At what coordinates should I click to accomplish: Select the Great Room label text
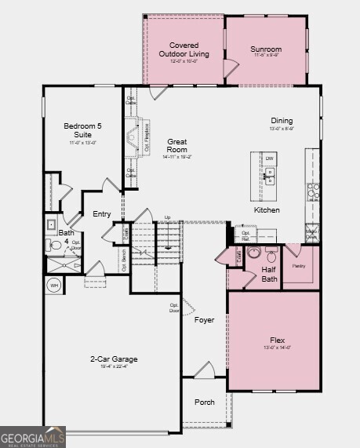(177, 145)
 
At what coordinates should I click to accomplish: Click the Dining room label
(282, 121)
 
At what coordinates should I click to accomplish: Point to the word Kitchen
(267, 210)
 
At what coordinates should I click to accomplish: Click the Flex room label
(277, 340)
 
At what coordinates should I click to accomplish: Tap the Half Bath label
(269, 274)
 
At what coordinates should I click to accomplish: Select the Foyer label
(204, 320)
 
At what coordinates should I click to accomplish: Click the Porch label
(205, 402)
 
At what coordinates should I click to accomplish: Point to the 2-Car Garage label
(113, 359)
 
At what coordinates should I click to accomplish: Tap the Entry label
(102, 214)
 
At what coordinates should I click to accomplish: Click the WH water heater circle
(55, 286)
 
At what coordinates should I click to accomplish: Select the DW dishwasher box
(269, 158)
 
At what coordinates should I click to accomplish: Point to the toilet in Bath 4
(56, 246)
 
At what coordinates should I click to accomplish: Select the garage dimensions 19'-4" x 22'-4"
(113, 366)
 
